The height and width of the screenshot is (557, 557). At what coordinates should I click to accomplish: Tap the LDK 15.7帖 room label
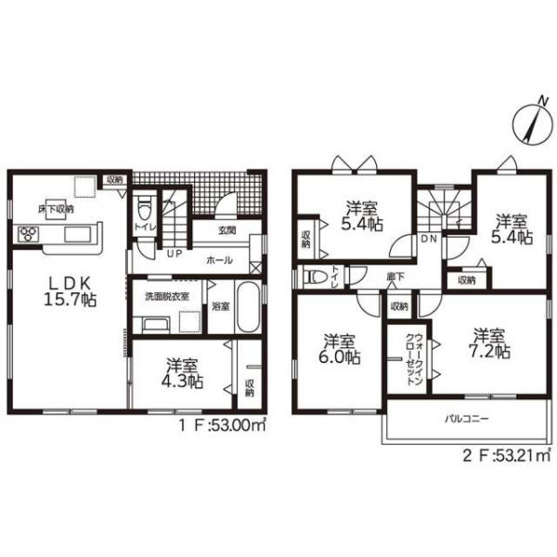point(70,292)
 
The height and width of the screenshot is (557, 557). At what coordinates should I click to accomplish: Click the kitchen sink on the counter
point(77,235)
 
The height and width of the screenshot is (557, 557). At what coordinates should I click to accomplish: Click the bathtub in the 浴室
point(247,307)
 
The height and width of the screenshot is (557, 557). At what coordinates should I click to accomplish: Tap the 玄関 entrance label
point(227,230)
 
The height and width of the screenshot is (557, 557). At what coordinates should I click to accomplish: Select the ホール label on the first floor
point(219,260)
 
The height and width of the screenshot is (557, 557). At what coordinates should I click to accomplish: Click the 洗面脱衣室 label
point(166,297)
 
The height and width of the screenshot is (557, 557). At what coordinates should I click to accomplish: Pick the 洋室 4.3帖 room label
point(182,374)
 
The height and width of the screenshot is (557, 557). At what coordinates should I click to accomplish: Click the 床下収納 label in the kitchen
point(56,209)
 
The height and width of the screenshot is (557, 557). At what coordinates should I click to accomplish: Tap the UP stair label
point(175,253)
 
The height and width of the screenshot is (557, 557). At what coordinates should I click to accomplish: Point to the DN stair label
point(429,240)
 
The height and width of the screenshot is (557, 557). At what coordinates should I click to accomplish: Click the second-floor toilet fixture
point(315,278)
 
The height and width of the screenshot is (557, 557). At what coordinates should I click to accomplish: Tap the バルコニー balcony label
point(467,420)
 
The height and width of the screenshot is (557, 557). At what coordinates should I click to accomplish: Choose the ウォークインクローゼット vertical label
point(414,358)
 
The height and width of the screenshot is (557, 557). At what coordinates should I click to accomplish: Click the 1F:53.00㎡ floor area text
point(222,425)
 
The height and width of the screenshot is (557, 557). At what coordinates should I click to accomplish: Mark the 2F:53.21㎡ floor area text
point(508,455)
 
